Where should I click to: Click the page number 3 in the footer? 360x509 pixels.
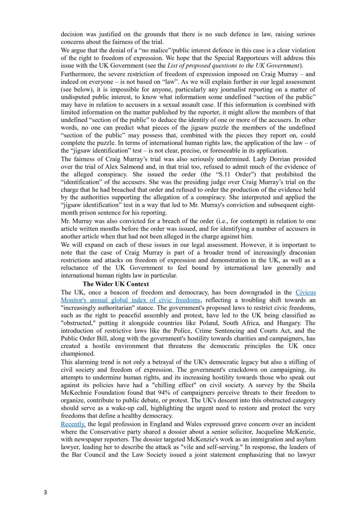tap(45, 492)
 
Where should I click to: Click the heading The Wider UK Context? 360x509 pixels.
tap(116, 284)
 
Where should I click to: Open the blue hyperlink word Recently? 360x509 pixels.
tap(73, 424)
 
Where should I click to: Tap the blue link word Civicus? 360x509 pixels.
tap(306, 293)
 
